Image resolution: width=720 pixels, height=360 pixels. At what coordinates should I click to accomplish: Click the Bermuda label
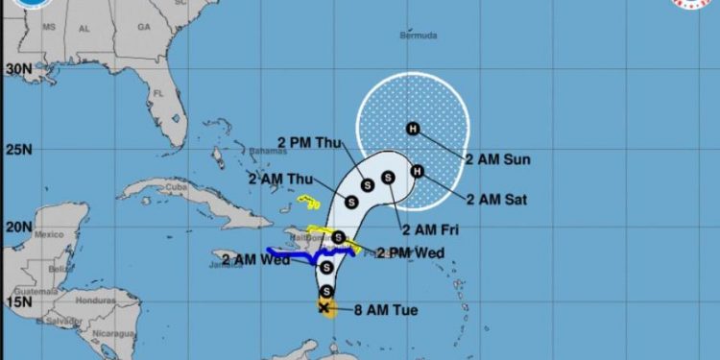(418, 36)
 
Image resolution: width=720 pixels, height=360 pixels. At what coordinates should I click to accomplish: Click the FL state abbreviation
(157, 93)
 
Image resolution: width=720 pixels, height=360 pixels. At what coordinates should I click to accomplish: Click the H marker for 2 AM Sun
(413, 129)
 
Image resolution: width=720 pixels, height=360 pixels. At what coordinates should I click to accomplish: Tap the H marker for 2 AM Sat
(417, 172)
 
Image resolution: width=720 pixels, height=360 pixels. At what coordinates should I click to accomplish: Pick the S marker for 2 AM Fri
(388, 177)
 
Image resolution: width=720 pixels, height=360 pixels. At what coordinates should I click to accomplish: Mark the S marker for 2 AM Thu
(351, 203)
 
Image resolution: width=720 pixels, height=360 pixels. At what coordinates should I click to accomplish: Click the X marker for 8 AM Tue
(324, 308)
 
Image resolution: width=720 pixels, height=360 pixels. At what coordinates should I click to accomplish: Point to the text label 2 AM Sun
(497, 158)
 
